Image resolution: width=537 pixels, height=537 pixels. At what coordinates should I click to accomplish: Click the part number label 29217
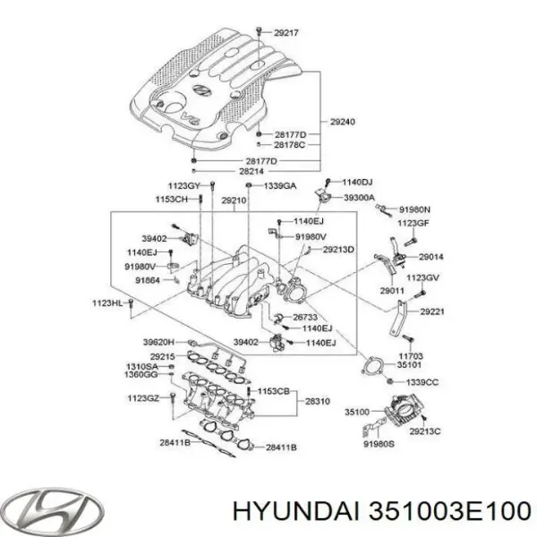pyautogui.click(x=286, y=33)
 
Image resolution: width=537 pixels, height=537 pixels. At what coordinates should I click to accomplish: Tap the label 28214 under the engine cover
pyautogui.click(x=253, y=171)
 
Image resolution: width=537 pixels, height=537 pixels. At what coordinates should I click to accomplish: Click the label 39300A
pyautogui.click(x=359, y=197)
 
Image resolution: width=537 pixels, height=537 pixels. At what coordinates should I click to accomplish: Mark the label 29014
pyautogui.click(x=430, y=256)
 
